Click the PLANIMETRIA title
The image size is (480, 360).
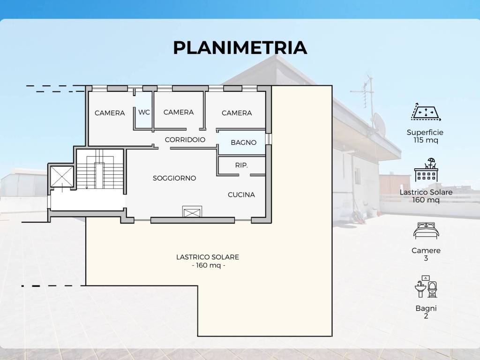240,48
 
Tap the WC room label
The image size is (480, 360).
144,112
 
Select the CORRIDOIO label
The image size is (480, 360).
185,140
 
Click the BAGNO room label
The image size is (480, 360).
243,142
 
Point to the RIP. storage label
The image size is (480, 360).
241,165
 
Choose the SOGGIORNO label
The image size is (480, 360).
174,178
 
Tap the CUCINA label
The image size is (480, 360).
241,195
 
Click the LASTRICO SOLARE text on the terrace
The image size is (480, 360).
208,257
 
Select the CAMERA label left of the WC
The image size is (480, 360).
110,113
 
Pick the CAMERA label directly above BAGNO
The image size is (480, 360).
237,113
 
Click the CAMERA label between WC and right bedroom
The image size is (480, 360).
179,112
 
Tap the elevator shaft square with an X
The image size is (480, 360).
62,176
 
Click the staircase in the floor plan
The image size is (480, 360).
100,169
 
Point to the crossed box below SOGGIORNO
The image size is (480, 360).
192,211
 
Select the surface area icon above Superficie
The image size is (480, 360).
426,112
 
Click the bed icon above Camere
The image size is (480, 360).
426,231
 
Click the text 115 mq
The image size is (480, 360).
426,140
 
